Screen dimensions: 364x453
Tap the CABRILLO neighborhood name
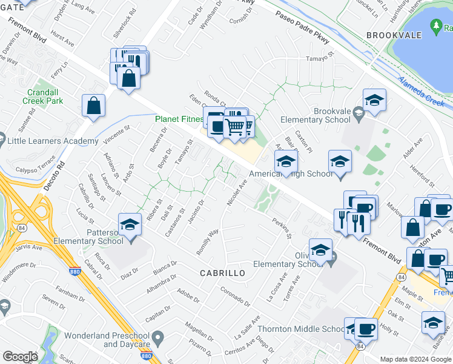pos(223,274)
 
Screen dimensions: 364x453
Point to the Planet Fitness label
pos(179,120)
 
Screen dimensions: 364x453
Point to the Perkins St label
pos(282,227)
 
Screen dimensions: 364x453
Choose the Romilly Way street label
pos(208,241)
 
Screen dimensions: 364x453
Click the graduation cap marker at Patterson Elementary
pos(130,226)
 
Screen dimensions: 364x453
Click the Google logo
pos(20,357)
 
